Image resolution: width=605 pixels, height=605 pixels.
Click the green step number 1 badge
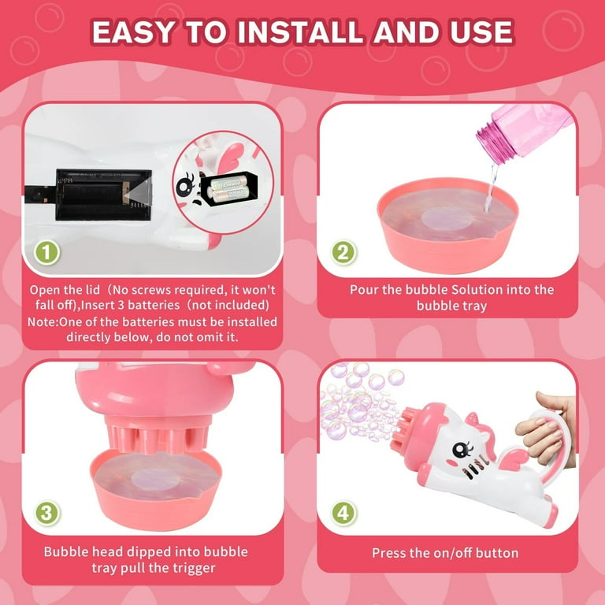[46, 253]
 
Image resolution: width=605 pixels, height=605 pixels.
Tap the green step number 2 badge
[343, 253]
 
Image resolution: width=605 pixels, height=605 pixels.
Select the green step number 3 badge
[46, 513]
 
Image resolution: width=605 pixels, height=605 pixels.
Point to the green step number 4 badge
[343, 513]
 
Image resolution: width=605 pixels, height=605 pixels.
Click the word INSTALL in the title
[300, 32]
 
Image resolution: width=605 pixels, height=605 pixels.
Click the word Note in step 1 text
[42, 321]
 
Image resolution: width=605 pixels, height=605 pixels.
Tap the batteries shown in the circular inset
[227, 188]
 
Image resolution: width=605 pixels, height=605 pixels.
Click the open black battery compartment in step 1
[103, 195]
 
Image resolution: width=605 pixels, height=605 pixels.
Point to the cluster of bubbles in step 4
[361, 405]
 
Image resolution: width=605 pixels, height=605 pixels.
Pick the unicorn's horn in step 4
[472, 418]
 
